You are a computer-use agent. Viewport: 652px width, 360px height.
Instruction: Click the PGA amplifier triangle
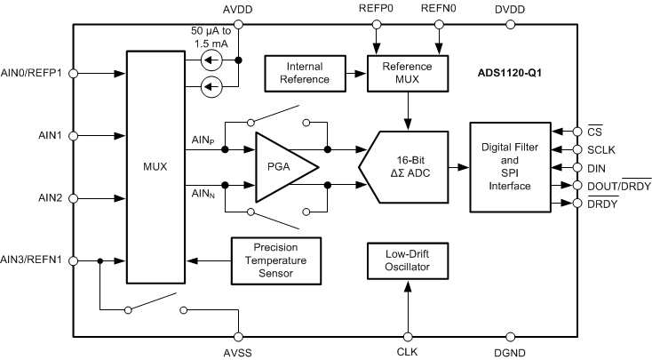pyautogui.click(x=282, y=167)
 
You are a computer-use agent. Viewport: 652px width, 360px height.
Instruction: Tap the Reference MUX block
pyautogui.click(x=407, y=74)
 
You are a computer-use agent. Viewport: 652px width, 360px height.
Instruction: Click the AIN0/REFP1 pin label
pyautogui.click(x=34, y=74)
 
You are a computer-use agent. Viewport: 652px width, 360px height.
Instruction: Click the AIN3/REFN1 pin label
pyautogui.click(x=34, y=260)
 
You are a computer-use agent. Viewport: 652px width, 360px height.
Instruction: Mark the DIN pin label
pyautogui.click(x=595, y=167)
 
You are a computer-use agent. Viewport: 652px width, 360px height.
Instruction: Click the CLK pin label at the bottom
pyautogui.click(x=407, y=353)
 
